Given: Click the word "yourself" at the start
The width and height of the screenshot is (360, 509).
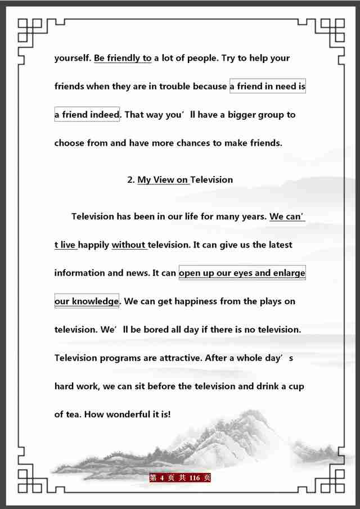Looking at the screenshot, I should click(x=73, y=58).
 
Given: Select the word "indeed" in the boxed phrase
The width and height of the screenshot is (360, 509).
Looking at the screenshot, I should click(x=104, y=115).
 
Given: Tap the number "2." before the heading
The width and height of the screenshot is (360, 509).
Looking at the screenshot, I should click(x=131, y=180).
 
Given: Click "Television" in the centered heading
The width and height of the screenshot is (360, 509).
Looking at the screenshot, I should click(x=211, y=180).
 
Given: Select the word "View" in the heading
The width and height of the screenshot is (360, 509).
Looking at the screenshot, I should click(x=164, y=180).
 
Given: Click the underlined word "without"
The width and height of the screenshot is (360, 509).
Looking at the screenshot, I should click(x=129, y=245).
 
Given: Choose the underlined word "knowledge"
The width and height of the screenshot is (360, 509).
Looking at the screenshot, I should click(x=95, y=301).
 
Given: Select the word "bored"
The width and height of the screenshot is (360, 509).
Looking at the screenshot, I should click(x=147, y=330).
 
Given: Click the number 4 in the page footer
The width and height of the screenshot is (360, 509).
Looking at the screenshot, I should click(x=161, y=478).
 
